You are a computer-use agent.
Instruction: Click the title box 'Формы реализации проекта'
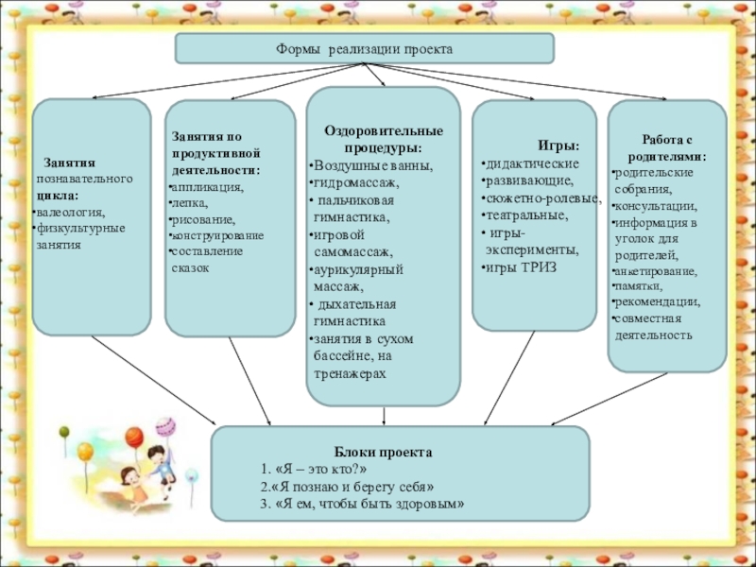point(364,48)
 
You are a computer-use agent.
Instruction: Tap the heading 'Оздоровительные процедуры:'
point(383,140)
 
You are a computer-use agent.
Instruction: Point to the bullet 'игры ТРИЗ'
point(521,267)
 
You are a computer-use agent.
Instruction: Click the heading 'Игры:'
point(558,146)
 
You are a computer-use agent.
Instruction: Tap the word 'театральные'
point(526,215)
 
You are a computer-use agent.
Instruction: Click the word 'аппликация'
point(207,187)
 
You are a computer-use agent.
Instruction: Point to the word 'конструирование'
point(217,235)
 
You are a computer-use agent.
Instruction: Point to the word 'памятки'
point(638,286)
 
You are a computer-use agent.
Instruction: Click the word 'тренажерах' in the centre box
point(350,374)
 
